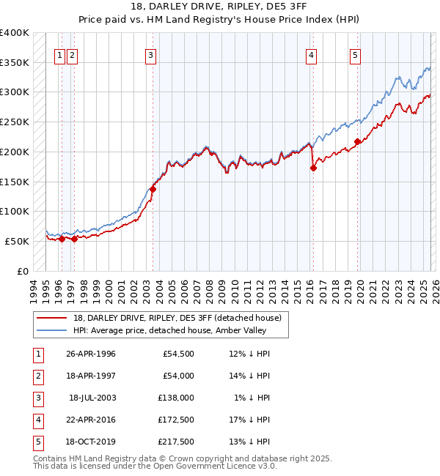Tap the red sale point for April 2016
[x=313, y=168]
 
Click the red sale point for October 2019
[x=357, y=141]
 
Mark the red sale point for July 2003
[x=153, y=189]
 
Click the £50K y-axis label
[x=17, y=241]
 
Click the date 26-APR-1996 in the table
[x=91, y=354]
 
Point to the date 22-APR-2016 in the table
[x=91, y=420]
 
